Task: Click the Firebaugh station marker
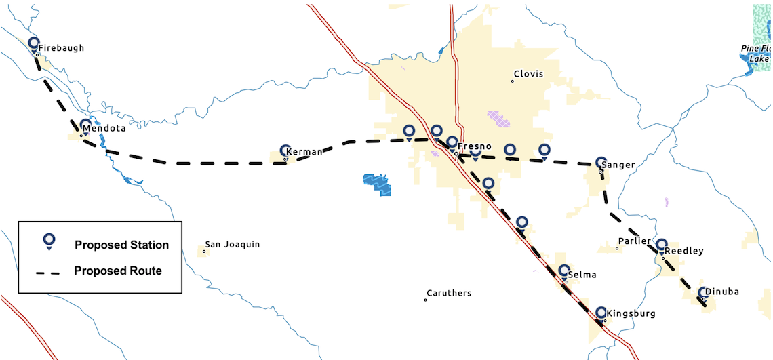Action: (34, 44)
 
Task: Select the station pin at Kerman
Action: (285, 150)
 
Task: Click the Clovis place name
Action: (528, 74)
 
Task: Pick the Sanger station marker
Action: (600, 162)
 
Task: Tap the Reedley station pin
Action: (662, 245)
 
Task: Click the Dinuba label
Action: (721, 292)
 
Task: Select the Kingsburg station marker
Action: (601, 313)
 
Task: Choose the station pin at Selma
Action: (563, 271)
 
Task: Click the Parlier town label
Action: (634, 242)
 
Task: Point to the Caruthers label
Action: (448, 294)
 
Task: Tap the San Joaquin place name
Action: (233, 245)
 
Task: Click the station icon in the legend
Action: (49, 240)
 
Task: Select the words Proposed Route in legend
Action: (118, 271)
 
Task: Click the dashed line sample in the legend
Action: (48, 272)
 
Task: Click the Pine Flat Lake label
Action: (757, 54)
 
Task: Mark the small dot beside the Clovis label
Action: (513, 81)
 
